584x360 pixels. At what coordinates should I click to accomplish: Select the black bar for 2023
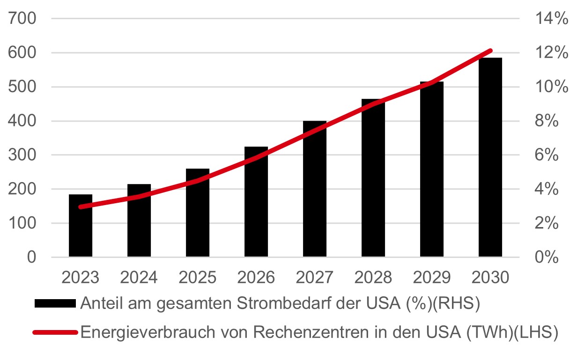(x=81, y=225)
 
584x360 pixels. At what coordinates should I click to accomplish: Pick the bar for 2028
(x=373, y=178)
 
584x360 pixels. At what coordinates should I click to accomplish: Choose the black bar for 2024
(x=139, y=220)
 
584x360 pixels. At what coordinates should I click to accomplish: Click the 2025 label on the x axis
(x=198, y=278)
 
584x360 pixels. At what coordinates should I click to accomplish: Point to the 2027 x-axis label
(x=315, y=278)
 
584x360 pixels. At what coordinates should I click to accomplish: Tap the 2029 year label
(x=432, y=278)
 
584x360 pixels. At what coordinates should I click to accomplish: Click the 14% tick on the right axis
(x=551, y=19)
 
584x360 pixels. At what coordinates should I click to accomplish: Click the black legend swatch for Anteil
(x=55, y=303)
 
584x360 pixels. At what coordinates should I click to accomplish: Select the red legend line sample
(x=55, y=333)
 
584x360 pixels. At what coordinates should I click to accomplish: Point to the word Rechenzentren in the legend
(x=304, y=333)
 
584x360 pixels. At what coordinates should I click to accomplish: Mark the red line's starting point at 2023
(x=81, y=206)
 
